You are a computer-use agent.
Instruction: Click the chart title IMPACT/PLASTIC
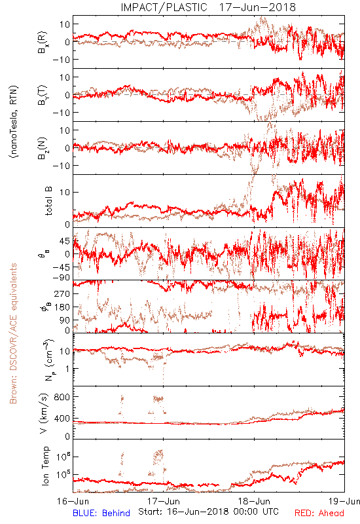[164, 7]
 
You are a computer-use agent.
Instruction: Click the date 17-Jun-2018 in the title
[257, 7]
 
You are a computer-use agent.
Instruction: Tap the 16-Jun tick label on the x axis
[73, 501]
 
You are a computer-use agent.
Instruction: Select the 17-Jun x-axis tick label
[164, 501]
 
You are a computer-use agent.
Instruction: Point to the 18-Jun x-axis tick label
[254, 501]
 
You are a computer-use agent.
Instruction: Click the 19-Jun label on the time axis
[344, 501]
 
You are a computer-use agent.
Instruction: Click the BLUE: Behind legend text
[101, 513]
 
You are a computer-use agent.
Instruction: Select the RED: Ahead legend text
[319, 513]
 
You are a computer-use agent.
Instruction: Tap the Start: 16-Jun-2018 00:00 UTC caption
[208, 512]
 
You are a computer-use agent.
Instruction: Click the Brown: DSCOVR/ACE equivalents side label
[13, 333]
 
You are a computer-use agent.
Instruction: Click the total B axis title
[48, 201]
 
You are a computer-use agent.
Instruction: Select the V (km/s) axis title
[44, 413]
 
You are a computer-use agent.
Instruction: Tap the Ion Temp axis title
[45, 466]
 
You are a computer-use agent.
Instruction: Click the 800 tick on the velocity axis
[62, 397]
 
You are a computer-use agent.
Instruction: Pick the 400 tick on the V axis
[62, 418]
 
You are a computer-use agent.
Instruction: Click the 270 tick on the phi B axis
[62, 293]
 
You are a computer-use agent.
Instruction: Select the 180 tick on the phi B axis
[62, 307]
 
